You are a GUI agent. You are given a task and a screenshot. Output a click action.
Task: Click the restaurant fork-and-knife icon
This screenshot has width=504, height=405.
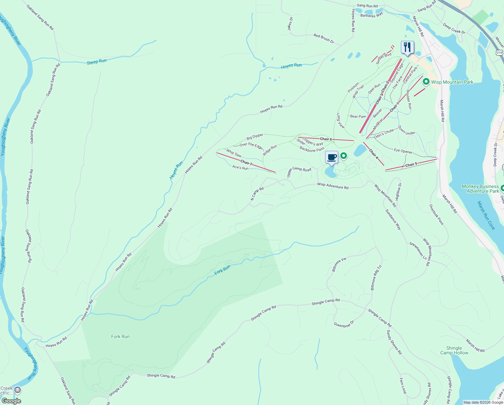point(407,47)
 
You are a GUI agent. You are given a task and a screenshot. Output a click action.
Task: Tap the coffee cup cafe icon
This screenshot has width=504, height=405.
point(332,157)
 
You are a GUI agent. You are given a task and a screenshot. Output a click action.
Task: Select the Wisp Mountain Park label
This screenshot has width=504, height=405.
point(452,82)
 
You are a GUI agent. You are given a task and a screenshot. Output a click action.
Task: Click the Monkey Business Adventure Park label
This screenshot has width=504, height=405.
point(480,189)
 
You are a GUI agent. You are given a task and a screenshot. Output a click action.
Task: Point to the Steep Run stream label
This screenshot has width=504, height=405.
point(97,62)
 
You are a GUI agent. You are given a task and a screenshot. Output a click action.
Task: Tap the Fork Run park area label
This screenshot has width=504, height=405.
point(120,336)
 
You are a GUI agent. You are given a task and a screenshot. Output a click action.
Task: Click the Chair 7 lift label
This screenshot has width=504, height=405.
point(246,163)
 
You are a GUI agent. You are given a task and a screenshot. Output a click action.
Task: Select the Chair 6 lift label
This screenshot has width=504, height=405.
point(326,139)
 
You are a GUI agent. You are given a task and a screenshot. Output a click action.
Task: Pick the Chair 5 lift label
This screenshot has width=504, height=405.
point(411,165)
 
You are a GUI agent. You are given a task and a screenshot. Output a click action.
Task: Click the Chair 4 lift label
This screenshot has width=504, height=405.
point(373,154)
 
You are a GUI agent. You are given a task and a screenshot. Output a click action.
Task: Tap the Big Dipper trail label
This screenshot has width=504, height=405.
point(255,136)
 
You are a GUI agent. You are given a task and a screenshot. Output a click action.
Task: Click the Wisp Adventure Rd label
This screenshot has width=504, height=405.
point(333,186)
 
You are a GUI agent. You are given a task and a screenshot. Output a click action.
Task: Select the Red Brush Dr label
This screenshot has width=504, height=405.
point(324,38)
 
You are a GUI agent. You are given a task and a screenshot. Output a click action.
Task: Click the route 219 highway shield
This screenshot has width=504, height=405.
point(499,53)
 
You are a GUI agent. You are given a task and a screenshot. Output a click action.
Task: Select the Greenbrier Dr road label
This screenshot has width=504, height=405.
point(344,324)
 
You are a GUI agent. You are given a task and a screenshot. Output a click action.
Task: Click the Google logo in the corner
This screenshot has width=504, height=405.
point(11,401)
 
